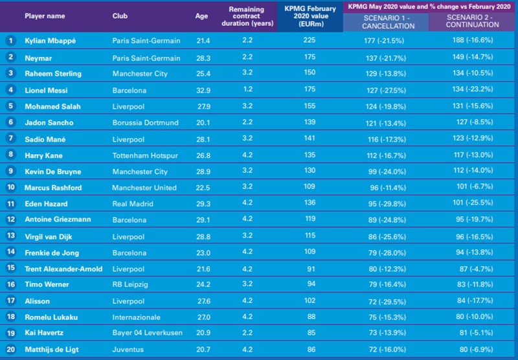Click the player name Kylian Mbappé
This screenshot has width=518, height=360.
click(x=51, y=40)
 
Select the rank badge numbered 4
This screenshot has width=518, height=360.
click(x=10, y=89)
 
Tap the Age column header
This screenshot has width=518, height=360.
click(x=201, y=16)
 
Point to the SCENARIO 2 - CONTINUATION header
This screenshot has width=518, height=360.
click(x=473, y=22)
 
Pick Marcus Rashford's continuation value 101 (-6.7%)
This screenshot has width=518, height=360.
click(x=473, y=188)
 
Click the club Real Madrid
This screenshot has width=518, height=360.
click(x=131, y=204)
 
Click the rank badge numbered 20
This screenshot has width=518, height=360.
click(x=10, y=350)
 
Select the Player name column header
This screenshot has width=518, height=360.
click(x=46, y=16)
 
